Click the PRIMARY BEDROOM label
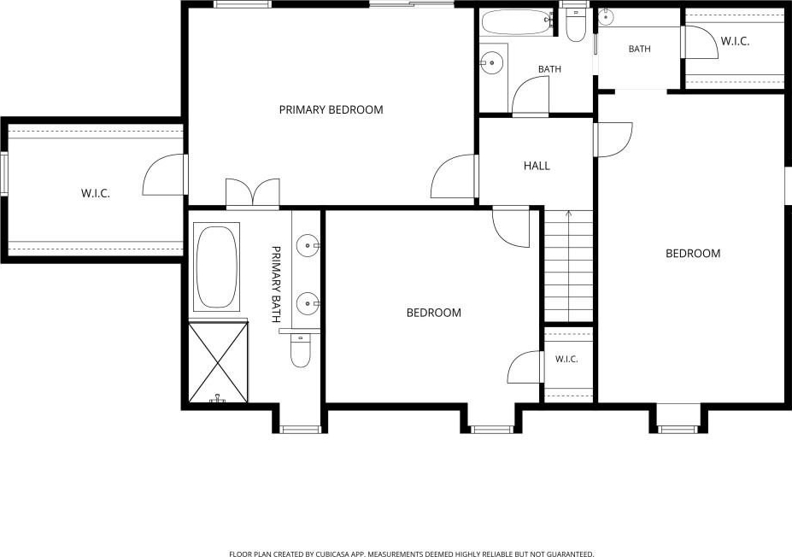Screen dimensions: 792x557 pos(331,109)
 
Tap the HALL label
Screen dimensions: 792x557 pos(537,166)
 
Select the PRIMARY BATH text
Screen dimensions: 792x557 pos(276,284)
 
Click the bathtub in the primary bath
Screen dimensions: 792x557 pos(217,267)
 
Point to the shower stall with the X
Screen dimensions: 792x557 pos(218,362)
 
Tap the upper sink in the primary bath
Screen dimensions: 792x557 pos(308,246)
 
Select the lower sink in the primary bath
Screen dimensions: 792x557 pos(308,304)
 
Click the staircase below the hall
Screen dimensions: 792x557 pos(568,267)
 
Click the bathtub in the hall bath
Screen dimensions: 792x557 pos(517,22)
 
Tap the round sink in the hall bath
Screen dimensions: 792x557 pos(491,63)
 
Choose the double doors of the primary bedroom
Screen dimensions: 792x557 pos(253,194)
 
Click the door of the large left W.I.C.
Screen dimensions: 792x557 pos(165,175)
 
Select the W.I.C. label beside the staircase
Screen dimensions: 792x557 pos(566,359)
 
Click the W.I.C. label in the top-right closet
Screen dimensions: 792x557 pos(735,41)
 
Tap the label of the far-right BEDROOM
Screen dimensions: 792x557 pos(693,254)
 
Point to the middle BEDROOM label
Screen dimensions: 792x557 pos(434,313)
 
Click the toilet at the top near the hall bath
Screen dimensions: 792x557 pos(575,26)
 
